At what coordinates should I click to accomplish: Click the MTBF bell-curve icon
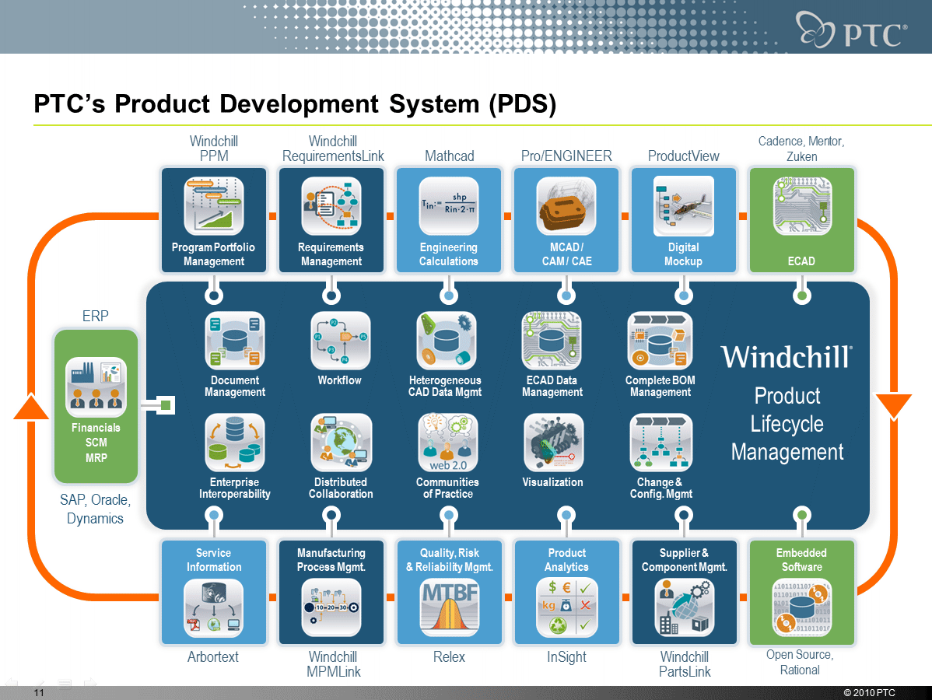(x=449, y=607)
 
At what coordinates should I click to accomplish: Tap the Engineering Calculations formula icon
(x=449, y=206)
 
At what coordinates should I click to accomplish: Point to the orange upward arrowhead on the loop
(x=32, y=406)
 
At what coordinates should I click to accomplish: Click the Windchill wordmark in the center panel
(x=786, y=357)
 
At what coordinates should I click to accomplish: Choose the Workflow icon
(x=340, y=341)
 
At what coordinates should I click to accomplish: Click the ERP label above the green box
(x=95, y=316)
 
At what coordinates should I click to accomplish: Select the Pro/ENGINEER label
(x=566, y=156)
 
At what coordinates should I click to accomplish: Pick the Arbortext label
(x=213, y=657)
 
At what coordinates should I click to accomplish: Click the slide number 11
(x=38, y=692)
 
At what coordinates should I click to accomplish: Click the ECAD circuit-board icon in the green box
(x=801, y=206)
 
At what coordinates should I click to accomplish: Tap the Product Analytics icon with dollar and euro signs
(x=566, y=607)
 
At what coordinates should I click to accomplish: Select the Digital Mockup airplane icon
(x=683, y=206)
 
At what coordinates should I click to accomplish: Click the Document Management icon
(x=235, y=341)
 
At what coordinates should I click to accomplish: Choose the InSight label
(x=566, y=657)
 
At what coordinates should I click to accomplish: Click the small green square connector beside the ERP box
(x=166, y=405)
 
